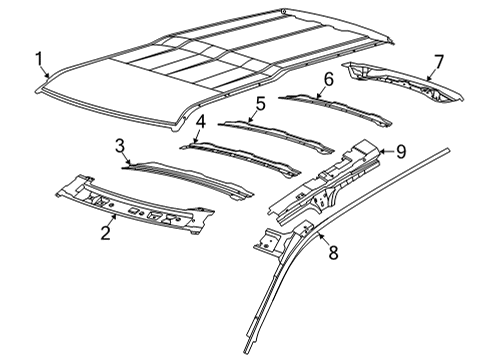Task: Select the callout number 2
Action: point(105,234)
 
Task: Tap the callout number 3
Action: point(120,147)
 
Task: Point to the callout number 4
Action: point(199,123)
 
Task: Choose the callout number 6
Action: point(327,79)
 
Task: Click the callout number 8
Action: point(333,254)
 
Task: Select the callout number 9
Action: point(399,151)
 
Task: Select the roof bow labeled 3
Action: point(190,174)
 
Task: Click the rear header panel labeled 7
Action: point(400,80)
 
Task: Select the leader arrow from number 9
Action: point(385,153)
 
